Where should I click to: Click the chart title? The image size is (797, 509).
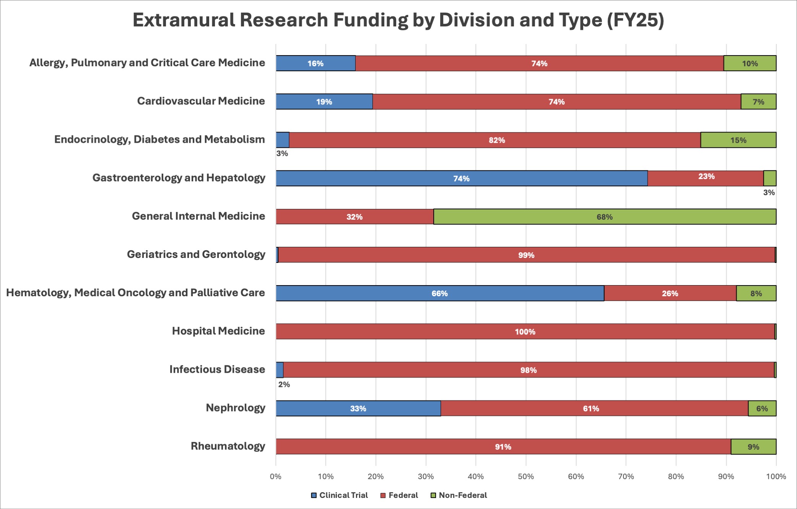(x=398, y=20)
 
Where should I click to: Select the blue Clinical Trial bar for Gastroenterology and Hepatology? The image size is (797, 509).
(x=462, y=178)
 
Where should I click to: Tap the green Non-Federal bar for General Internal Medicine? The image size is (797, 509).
(x=605, y=217)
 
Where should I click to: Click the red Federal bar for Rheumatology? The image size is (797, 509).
(x=503, y=447)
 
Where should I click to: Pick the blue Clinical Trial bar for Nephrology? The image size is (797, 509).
(x=358, y=408)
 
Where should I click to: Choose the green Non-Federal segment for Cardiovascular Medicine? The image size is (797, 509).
(x=758, y=102)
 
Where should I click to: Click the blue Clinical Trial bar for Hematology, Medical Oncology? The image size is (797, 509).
(x=440, y=293)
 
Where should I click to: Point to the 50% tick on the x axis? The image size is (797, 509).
(x=526, y=476)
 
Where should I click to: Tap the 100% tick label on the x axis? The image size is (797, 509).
(x=776, y=476)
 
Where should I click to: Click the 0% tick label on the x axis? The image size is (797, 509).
(x=276, y=476)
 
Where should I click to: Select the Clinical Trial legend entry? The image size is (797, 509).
(x=340, y=495)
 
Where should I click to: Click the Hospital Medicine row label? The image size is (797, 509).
(x=218, y=331)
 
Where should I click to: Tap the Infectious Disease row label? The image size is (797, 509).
(x=217, y=369)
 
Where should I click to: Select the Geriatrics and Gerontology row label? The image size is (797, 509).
(x=196, y=254)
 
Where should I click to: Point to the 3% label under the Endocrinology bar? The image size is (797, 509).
(x=282, y=153)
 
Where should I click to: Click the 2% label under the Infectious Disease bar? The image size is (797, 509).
(x=284, y=385)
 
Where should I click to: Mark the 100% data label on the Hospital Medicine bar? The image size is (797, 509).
(x=525, y=332)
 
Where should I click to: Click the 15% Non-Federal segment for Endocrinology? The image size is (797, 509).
(x=738, y=140)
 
